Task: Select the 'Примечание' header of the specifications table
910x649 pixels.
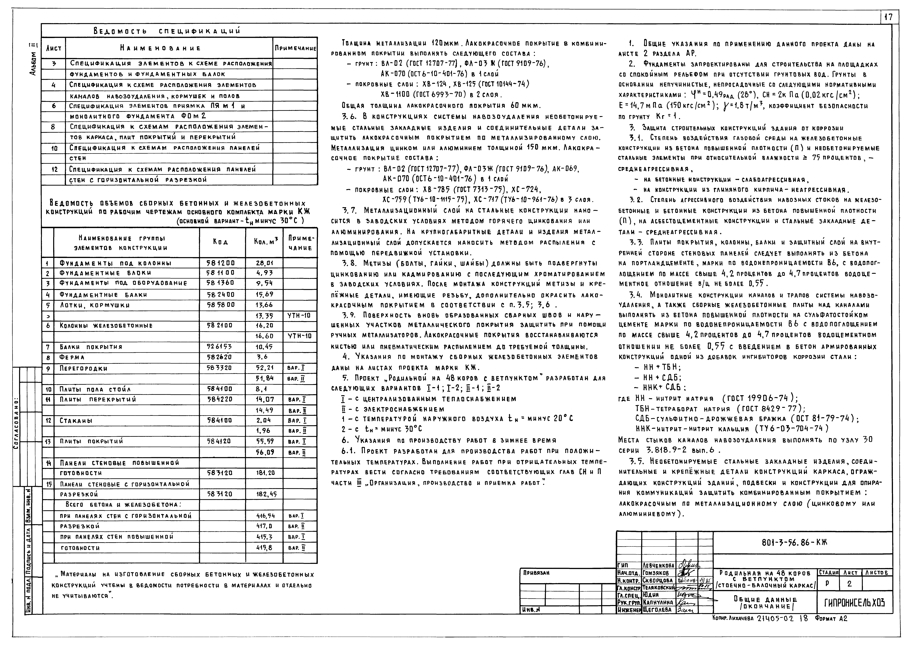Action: (x=295, y=48)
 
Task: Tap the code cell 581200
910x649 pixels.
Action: (x=221, y=263)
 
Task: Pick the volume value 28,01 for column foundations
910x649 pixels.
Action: (x=264, y=263)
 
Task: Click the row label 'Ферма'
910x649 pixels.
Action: (x=72, y=357)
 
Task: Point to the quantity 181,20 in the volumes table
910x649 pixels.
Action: (x=265, y=473)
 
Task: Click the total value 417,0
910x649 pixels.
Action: (x=264, y=526)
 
